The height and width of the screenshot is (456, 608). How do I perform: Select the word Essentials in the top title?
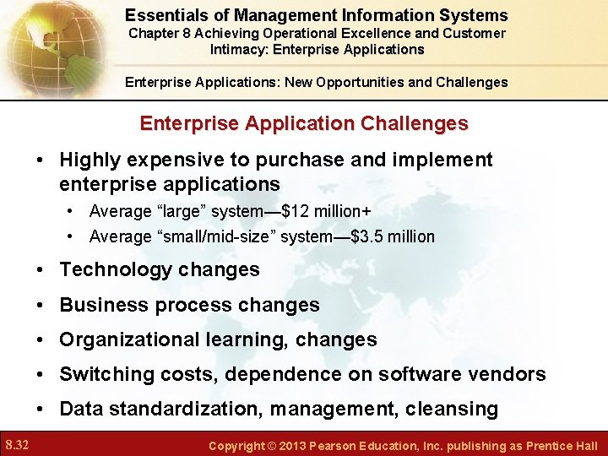click(x=165, y=15)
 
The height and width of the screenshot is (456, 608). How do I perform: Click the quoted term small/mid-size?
click(x=209, y=236)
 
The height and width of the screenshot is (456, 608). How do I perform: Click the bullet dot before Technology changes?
click(x=41, y=270)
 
